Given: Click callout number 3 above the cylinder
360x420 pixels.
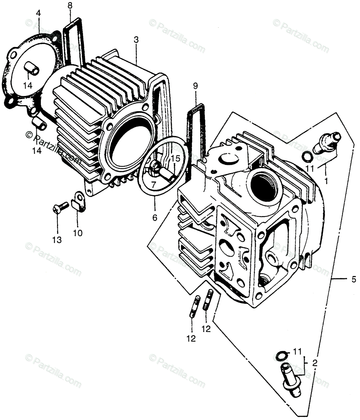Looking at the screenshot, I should (x=136, y=40).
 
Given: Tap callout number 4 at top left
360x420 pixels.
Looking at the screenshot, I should (x=38, y=13).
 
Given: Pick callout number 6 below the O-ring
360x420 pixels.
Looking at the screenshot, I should (x=155, y=218).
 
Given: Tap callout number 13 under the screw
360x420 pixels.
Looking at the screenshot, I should (x=57, y=240).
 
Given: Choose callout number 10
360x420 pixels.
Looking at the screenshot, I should (x=78, y=233).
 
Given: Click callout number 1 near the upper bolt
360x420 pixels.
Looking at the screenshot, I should (x=326, y=182).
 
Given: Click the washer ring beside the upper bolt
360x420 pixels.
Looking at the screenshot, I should (x=307, y=157).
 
